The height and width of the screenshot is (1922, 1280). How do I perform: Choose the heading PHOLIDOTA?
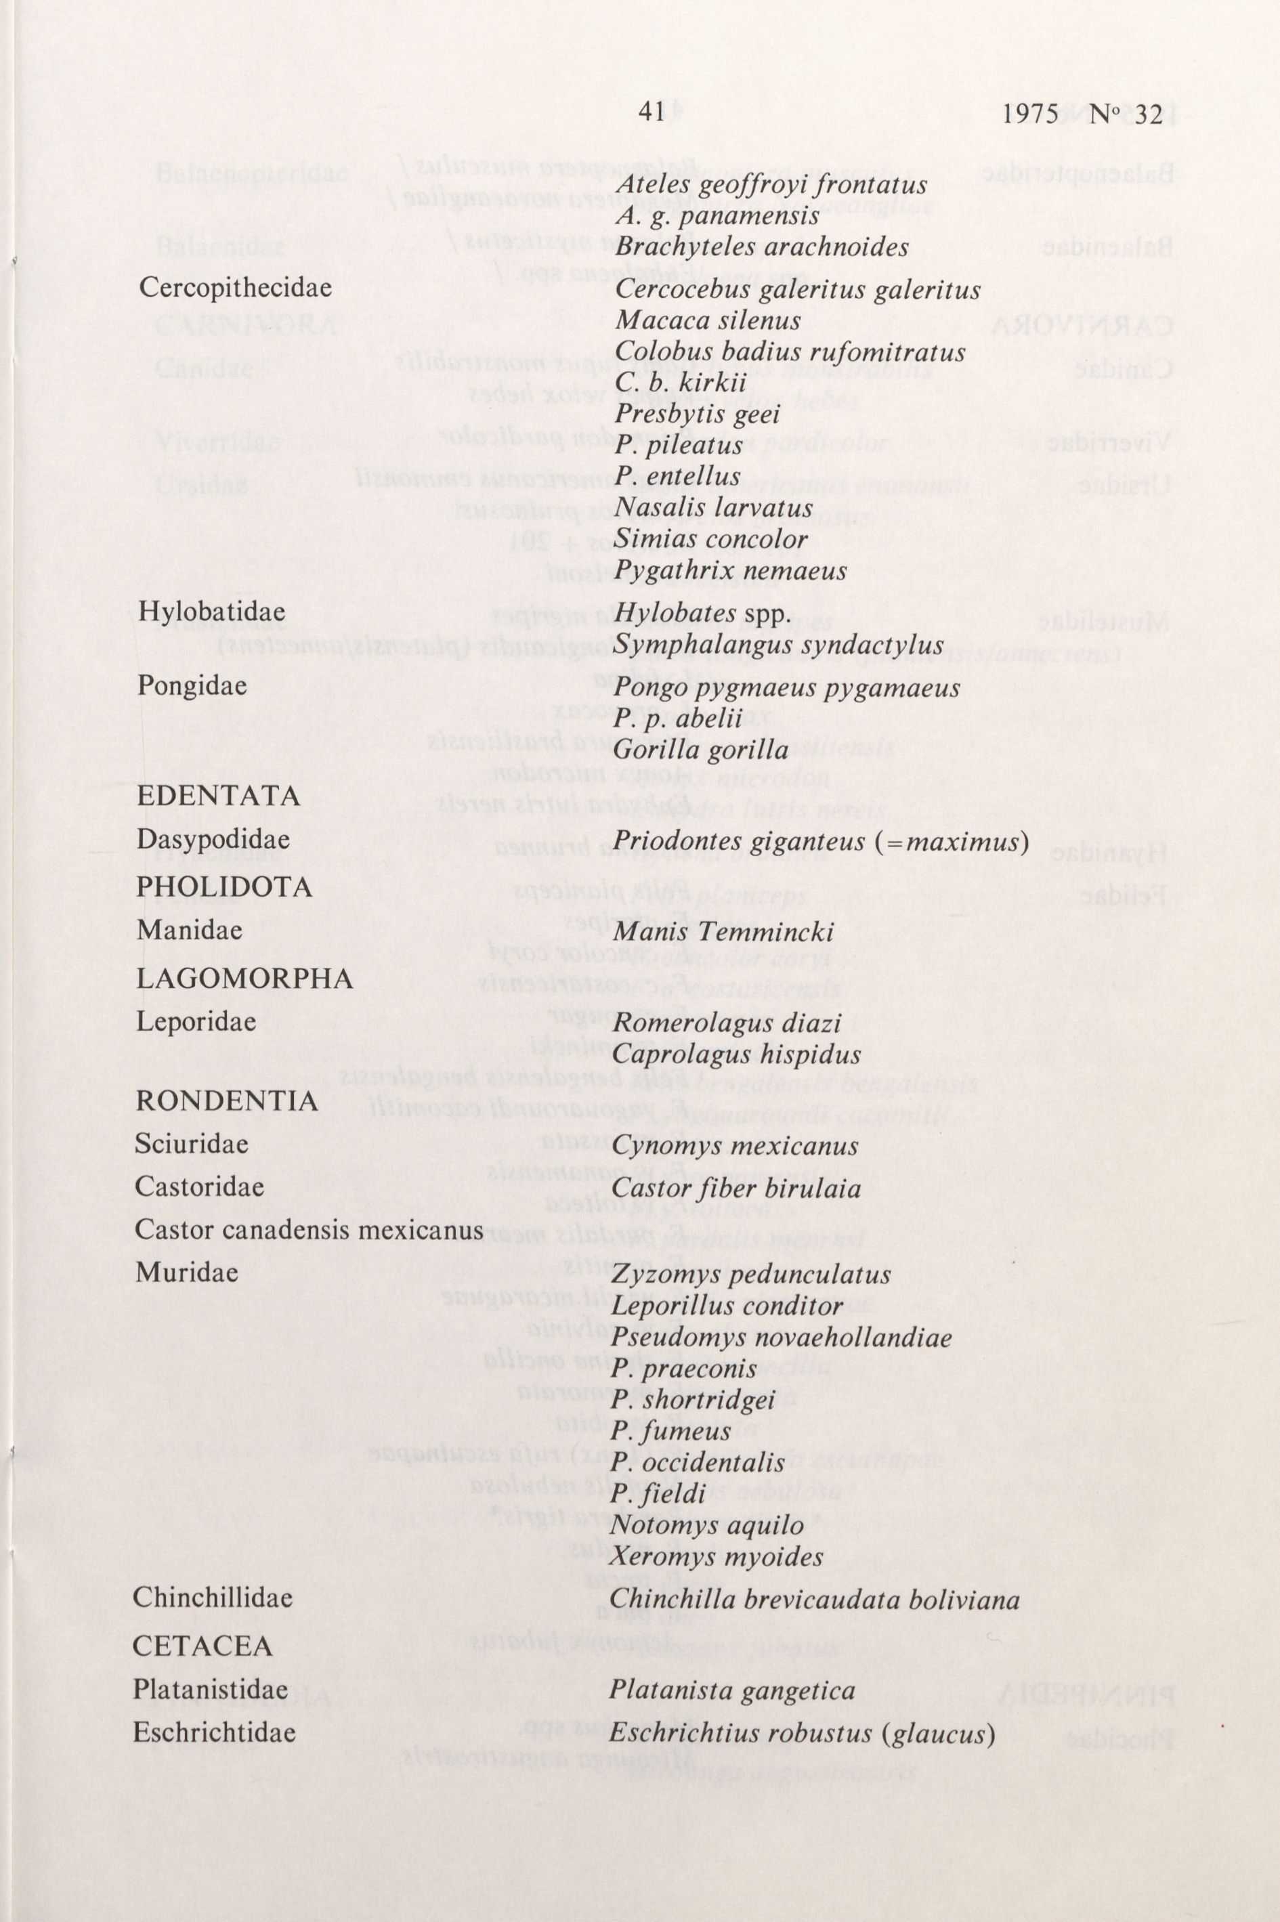(x=224, y=887)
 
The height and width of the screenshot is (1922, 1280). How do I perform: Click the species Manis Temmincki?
(x=723, y=931)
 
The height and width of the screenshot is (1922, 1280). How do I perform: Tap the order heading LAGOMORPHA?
(x=244, y=979)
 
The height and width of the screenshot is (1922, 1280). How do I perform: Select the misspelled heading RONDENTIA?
(x=226, y=1101)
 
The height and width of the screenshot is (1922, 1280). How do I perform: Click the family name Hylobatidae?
(x=211, y=612)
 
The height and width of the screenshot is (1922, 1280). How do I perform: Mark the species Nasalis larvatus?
(x=714, y=508)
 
